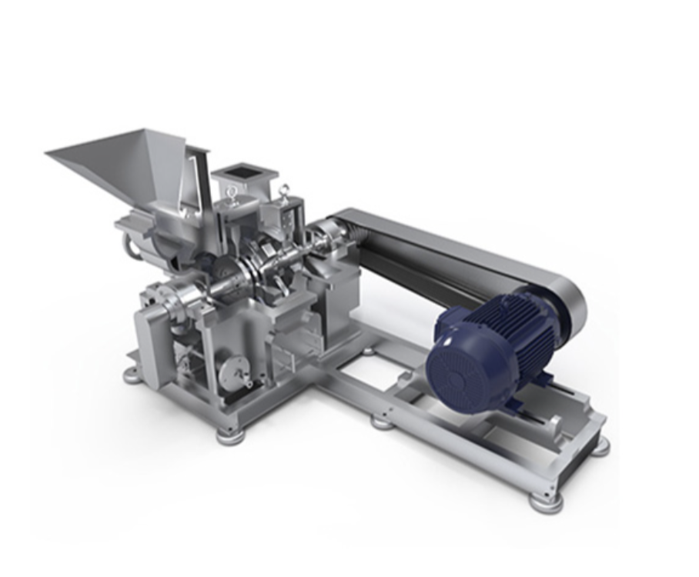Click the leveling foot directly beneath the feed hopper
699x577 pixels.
[x=132, y=375]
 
